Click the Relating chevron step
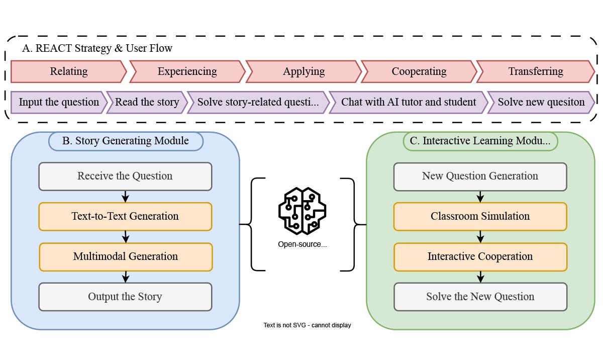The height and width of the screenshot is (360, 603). pos(68,71)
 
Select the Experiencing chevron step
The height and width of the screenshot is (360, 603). pos(187,71)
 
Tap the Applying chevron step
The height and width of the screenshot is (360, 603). pos(304,71)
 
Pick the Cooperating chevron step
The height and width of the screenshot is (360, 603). pos(419,71)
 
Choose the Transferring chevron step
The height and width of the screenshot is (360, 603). pos(535,71)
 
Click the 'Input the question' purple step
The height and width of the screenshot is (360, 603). pos(59,102)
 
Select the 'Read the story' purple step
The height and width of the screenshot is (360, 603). pos(147,102)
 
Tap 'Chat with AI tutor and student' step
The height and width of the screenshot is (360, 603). pos(408,102)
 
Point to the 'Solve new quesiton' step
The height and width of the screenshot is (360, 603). pos(541,102)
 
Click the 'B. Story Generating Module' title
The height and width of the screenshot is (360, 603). pos(126,141)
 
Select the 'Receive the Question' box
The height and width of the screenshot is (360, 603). pos(125,176)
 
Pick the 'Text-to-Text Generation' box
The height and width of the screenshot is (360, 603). pos(125,216)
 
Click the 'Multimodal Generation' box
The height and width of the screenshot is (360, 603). pos(126,256)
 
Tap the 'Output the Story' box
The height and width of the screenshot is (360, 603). pos(125,297)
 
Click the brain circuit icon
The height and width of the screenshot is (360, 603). pos(303,211)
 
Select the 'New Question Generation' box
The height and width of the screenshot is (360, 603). pos(480,176)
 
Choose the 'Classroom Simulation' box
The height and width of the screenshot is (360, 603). pos(480,216)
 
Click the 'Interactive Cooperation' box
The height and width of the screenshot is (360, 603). pos(480,256)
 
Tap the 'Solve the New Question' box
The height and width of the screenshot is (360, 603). pos(480,297)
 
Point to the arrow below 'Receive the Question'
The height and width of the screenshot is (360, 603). pos(126,197)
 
